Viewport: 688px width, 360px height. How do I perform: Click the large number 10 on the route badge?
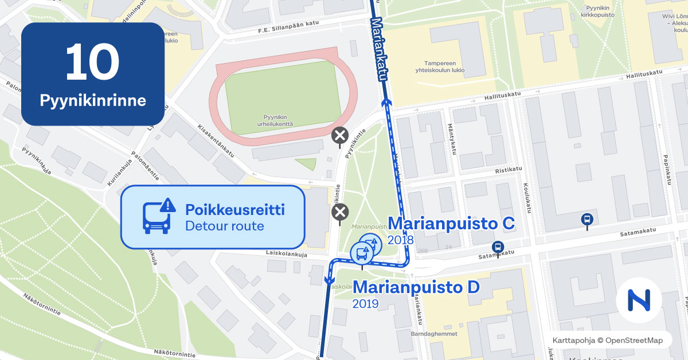(92, 62)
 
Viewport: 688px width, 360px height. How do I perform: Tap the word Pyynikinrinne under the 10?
(93, 101)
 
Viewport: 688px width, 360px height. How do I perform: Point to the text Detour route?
(224, 226)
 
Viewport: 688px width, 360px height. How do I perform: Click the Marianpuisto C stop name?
(451, 223)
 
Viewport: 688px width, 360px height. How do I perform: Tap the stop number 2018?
(400, 240)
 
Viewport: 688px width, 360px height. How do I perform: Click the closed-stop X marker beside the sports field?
(340, 136)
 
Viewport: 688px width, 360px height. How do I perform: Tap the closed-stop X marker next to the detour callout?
(341, 213)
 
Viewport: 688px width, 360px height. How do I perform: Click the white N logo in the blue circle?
(639, 300)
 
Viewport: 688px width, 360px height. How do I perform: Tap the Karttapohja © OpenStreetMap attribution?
(607, 341)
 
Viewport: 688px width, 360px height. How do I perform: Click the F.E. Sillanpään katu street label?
(287, 29)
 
